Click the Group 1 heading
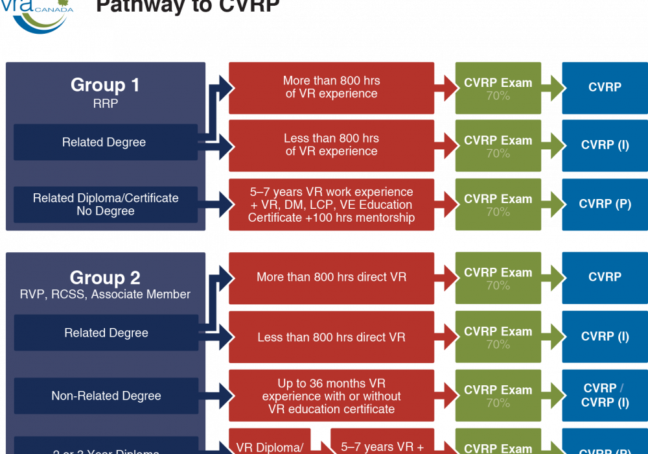(x=105, y=85)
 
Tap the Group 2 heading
(x=105, y=278)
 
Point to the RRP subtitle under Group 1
(x=105, y=103)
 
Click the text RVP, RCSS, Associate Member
(x=105, y=294)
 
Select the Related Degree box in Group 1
(x=105, y=142)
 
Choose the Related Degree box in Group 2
(x=106, y=333)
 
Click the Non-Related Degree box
(x=106, y=396)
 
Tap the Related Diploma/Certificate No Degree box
(x=106, y=204)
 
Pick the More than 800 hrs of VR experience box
(x=331, y=88)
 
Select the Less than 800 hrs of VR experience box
(x=331, y=145)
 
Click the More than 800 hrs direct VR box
(x=331, y=278)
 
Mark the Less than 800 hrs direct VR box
(x=331, y=337)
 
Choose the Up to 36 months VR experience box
(x=331, y=396)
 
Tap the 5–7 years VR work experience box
(x=331, y=204)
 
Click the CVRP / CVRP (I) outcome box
(x=605, y=396)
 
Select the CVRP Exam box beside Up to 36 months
(x=498, y=396)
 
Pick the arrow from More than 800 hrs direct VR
(x=445, y=278)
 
